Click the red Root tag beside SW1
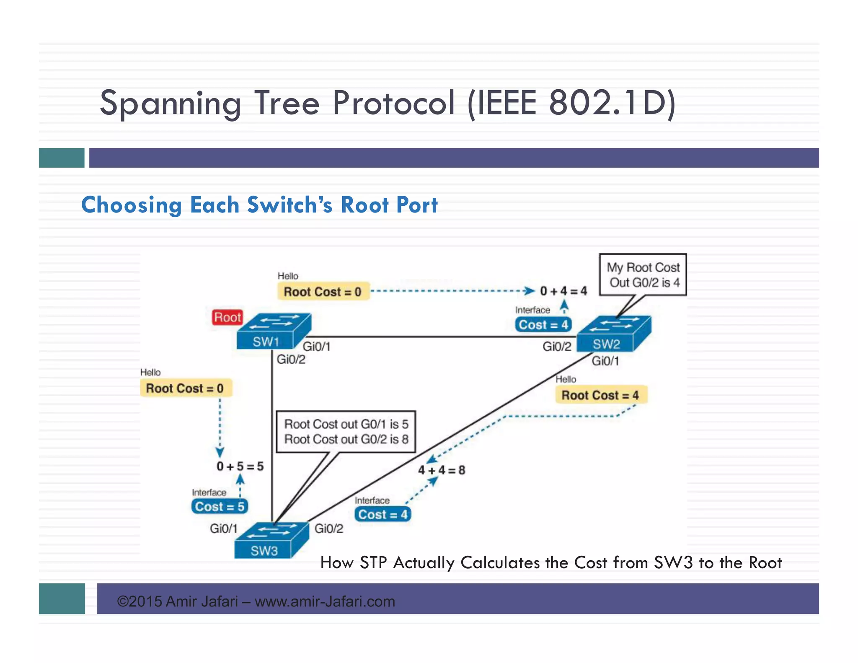227,317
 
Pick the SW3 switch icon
271,541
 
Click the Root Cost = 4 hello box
600,395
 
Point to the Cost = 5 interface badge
220,507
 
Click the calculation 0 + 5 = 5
240,466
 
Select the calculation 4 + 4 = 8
442,470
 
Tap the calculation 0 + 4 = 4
563,291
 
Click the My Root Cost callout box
643,275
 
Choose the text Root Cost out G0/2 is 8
346,439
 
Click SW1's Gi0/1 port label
317,347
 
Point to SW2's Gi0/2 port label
557,347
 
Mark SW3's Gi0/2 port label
329,528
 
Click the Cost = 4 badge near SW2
543,325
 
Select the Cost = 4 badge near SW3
382,515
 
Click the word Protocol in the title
393,103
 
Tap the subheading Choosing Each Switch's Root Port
259,205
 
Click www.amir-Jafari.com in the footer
325,601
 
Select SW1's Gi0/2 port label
291,360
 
